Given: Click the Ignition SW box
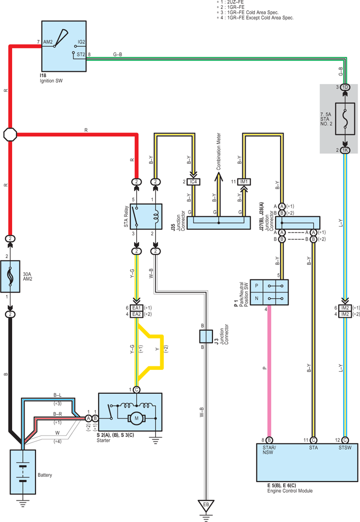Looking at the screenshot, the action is pos(64,46).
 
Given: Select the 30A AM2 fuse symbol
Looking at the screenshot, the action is pos(10,277).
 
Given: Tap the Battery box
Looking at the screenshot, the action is pos(23,472).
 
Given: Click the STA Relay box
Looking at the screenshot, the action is pos(146,217).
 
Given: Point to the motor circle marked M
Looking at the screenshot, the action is pos(136,418).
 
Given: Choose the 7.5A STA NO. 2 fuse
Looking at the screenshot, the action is pos(345,119).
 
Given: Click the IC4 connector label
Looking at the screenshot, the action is pos(193,182).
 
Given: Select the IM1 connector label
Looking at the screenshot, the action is pos(244,182).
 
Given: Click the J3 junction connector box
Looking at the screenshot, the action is pos(206,336).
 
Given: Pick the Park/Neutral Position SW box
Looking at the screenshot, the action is pos(270,292).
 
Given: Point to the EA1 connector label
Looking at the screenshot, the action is pos(136,308).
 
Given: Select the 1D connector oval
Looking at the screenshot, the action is pos(345,87).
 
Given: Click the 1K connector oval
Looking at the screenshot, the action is pos(345,150).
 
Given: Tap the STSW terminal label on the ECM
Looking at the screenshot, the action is pos(345,448).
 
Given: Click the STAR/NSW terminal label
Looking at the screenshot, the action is pos(269,450).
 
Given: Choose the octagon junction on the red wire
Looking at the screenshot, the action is pos(10,135).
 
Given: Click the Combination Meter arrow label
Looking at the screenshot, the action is pos(218,152).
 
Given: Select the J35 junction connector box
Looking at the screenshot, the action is pos(218,223).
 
